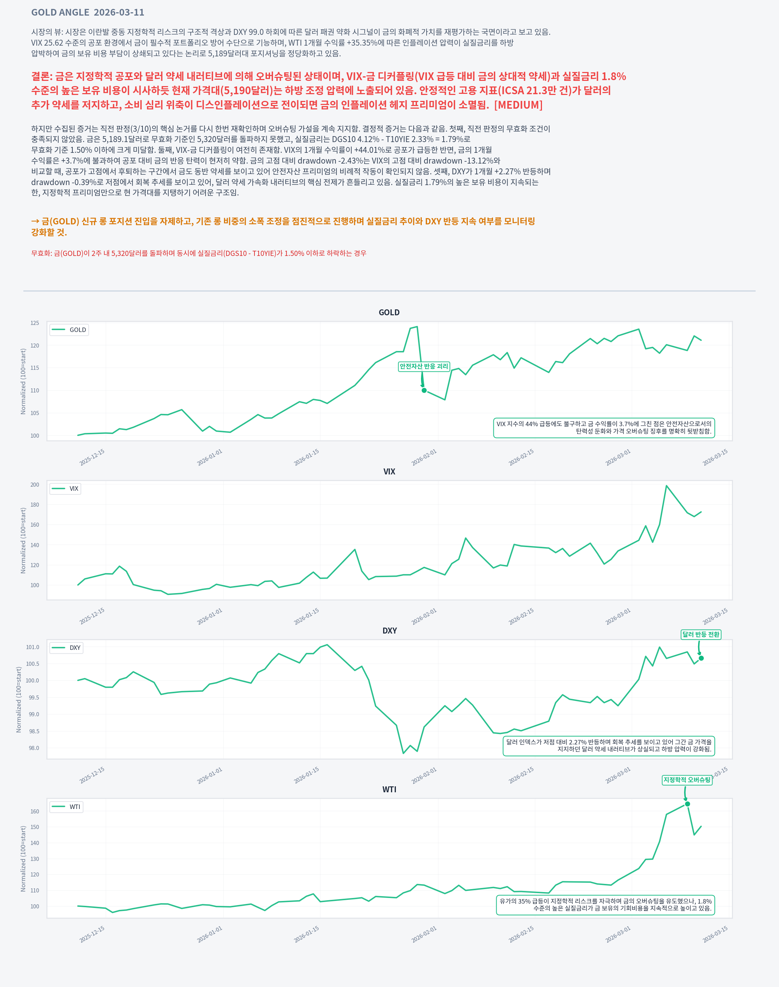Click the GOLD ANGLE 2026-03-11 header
tap(88, 12)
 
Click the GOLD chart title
tap(389, 312)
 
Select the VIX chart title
tap(389, 471)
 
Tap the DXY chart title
tap(389, 631)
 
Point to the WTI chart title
tap(389, 790)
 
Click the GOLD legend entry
tap(69, 330)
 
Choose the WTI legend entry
tap(67, 807)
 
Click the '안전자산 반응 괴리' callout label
tap(424, 366)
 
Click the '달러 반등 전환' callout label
tap(701, 634)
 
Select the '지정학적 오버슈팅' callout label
tap(687, 780)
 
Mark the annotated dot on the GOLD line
tap(424, 391)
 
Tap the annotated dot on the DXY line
tap(701, 658)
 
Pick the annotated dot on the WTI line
tap(687, 804)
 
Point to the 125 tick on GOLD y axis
tap(34, 323)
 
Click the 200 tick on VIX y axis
tap(34, 485)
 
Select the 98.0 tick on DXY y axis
tap(34, 748)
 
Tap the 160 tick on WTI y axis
tap(34, 812)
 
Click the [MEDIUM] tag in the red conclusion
tap(518, 105)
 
